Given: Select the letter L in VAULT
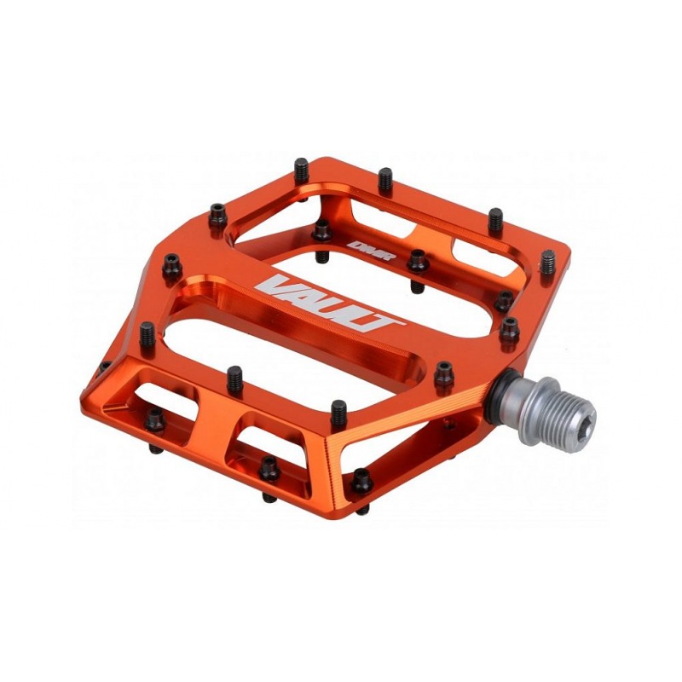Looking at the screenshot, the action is coord(355,318).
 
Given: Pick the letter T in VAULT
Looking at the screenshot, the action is coord(381,323).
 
